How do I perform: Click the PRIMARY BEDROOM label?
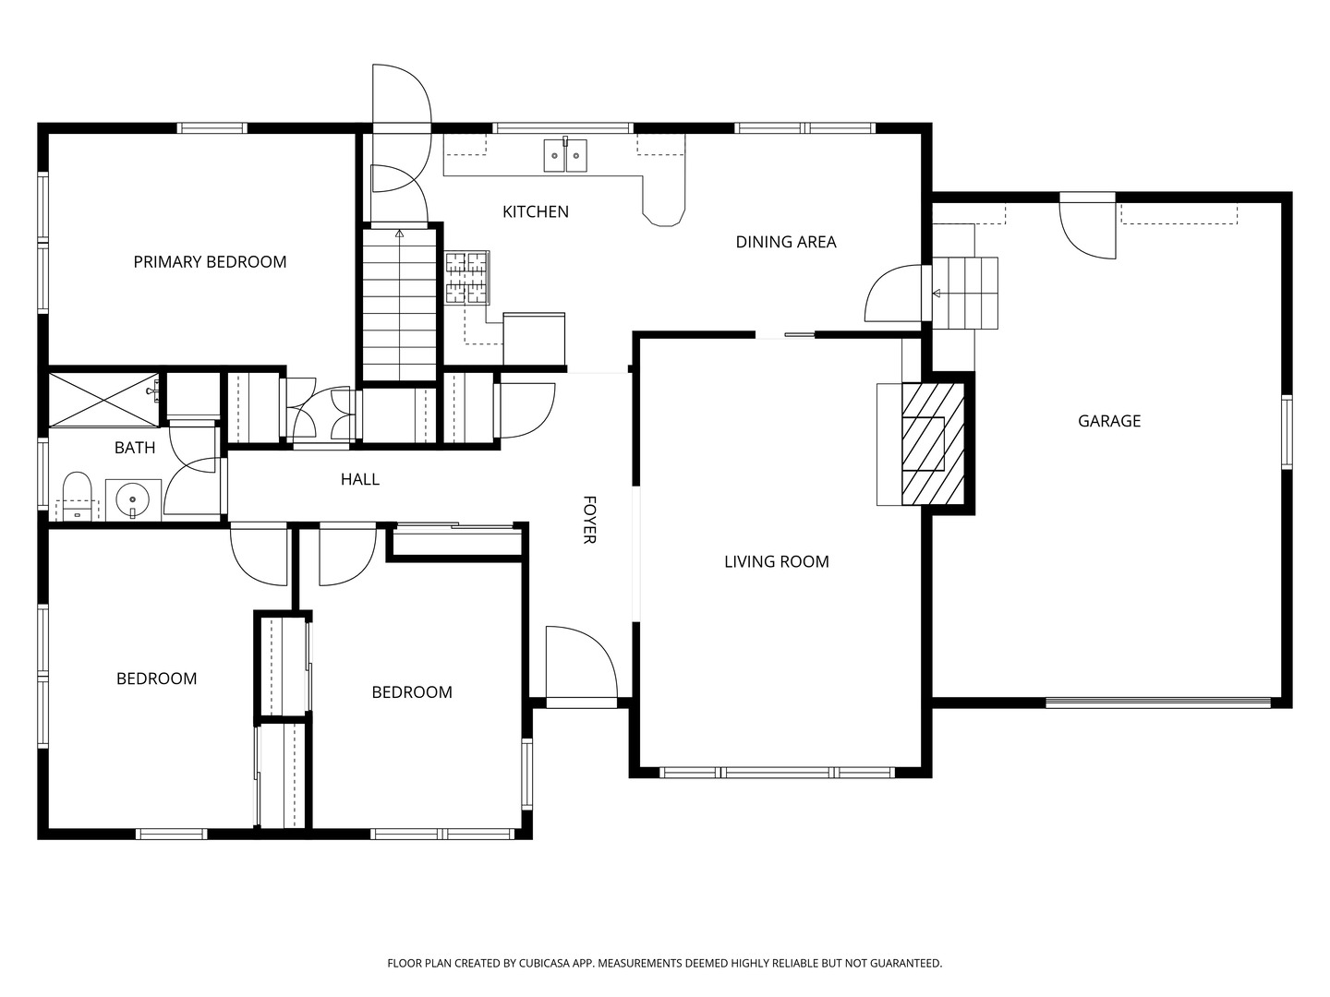(x=210, y=262)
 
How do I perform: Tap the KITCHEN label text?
(x=535, y=212)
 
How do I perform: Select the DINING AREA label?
(x=785, y=242)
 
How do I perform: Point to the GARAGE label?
(x=1108, y=421)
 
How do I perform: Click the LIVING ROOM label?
(x=776, y=561)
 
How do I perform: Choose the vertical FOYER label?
(x=589, y=520)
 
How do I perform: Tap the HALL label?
(x=359, y=479)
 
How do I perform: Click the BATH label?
(x=135, y=448)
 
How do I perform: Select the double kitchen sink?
(x=564, y=155)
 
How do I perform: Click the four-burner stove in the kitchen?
(x=467, y=278)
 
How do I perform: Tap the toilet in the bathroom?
(x=77, y=496)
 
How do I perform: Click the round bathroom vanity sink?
(x=133, y=499)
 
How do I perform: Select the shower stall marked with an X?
(x=102, y=400)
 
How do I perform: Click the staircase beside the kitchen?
(x=398, y=305)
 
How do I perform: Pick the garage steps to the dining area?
(x=964, y=294)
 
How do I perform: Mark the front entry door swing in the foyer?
(x=580, y=665)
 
